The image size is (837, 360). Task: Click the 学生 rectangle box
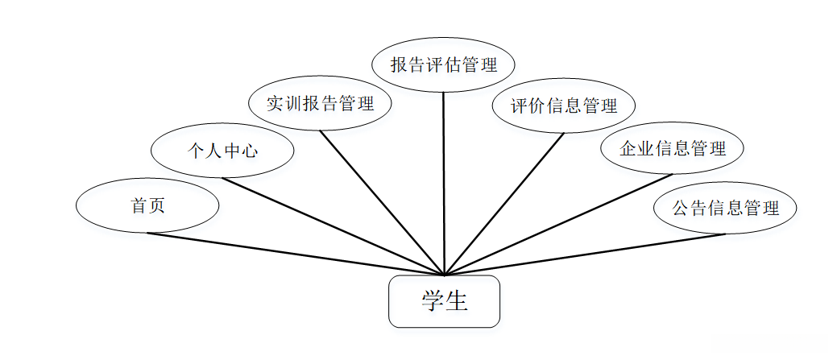click(x=444, y=302)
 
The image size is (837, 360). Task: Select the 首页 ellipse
click(x=147, y=205)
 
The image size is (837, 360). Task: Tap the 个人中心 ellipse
click(x=222, y=150)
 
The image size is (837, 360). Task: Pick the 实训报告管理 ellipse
click(x=320, y=104)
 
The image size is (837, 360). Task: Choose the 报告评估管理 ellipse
click(x=443, y=64)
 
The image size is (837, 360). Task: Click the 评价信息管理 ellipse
click(x=564, y=106)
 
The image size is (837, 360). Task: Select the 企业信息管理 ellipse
click(x=673, y=148)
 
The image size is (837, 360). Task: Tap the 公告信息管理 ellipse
click(x=726, y=207)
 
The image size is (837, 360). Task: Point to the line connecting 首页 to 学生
click(x=295, y=254)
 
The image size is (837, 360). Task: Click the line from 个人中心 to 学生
click(x=333, y=226)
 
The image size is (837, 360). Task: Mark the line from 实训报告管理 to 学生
click(x=381, y=202)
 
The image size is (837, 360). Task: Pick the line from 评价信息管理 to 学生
click(x=504, y=203)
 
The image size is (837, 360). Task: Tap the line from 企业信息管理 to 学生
click(x=558, y=225)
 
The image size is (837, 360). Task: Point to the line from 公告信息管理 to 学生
click(x=585, y=254)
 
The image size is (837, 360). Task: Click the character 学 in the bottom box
click(x=433, y=301)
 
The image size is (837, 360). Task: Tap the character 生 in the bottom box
click(x=457, y=301)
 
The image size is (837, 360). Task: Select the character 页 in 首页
click(x=156, y=205)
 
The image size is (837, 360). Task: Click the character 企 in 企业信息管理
click(x=628, y=149)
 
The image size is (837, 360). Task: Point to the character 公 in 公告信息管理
click(x=682, y=208)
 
